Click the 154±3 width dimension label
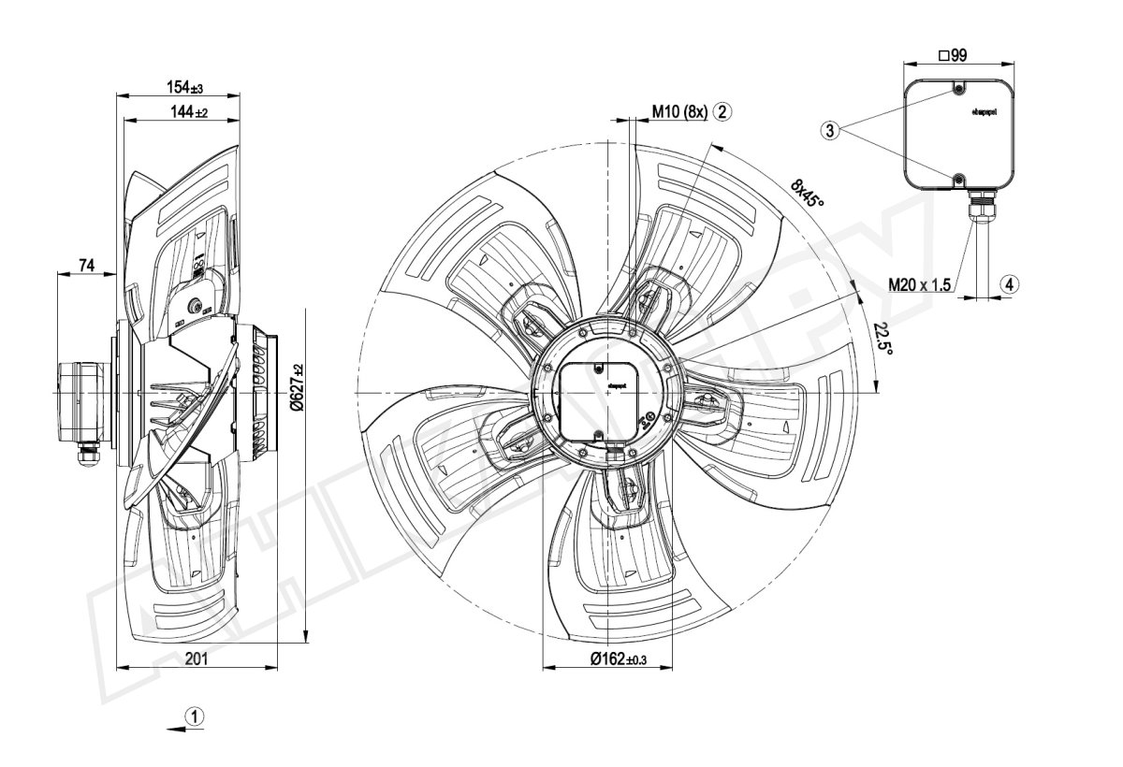coord(184,88)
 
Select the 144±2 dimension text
coord(188,112)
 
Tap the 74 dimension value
coord(86,267)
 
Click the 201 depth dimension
coord(196,659)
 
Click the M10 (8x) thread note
coord(679,111)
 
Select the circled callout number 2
coord(722,111)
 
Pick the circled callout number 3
coord(829,131)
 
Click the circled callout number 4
coord(1008,282)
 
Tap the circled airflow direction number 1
coord(194,716)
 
